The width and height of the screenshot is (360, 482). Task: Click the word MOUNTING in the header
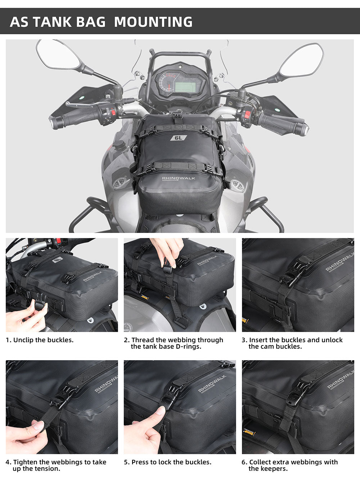pos(153,22)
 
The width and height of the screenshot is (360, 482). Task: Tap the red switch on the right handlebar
pos(248,114)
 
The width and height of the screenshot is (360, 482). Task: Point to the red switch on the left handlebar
pos(113,112)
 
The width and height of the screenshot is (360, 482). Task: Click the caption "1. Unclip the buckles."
pos(40,340)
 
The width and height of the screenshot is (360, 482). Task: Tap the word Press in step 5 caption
pos(140,462)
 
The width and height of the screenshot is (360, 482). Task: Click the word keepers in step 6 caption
pos(274,469)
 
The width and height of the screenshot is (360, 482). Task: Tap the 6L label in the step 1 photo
pos(58,259)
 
